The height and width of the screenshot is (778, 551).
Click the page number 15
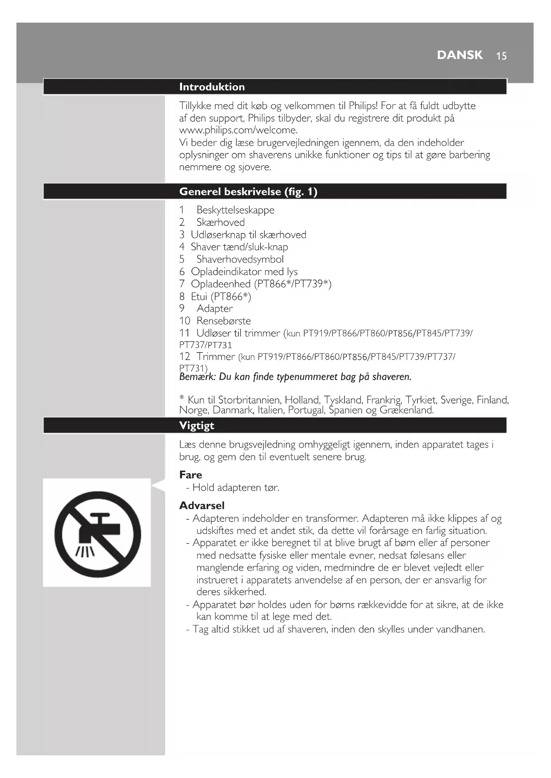tap(501, 56)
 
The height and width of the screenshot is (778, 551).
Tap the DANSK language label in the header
tap(460, 55)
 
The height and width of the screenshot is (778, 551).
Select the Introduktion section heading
tap(212, 87)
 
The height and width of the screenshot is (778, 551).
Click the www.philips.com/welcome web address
tap(238, 130)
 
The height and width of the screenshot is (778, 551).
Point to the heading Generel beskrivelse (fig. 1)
tap(248, 192)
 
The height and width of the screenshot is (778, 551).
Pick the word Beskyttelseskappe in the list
tap(235, 210)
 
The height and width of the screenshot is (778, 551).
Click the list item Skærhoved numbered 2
tap(221, 222)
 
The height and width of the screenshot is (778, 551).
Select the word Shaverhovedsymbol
tap(240, 259)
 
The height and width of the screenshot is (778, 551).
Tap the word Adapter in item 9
tap(214, 308)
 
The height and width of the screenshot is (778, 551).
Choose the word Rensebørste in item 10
tap(223, 321)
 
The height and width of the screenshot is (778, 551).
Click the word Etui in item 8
tap(199, 296)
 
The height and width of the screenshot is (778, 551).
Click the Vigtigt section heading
tap(197, 426)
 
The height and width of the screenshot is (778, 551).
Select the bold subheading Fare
tap(190, 475)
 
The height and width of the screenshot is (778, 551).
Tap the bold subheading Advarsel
tap(202, 506)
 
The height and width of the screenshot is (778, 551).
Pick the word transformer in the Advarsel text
tap(331, 519)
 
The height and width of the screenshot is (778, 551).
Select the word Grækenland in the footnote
tap(406, 410)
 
